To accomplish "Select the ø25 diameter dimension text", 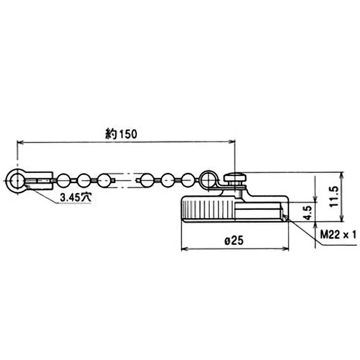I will (234, 241).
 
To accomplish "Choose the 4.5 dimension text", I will (307, 212).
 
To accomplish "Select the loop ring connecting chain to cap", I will (208, 180).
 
